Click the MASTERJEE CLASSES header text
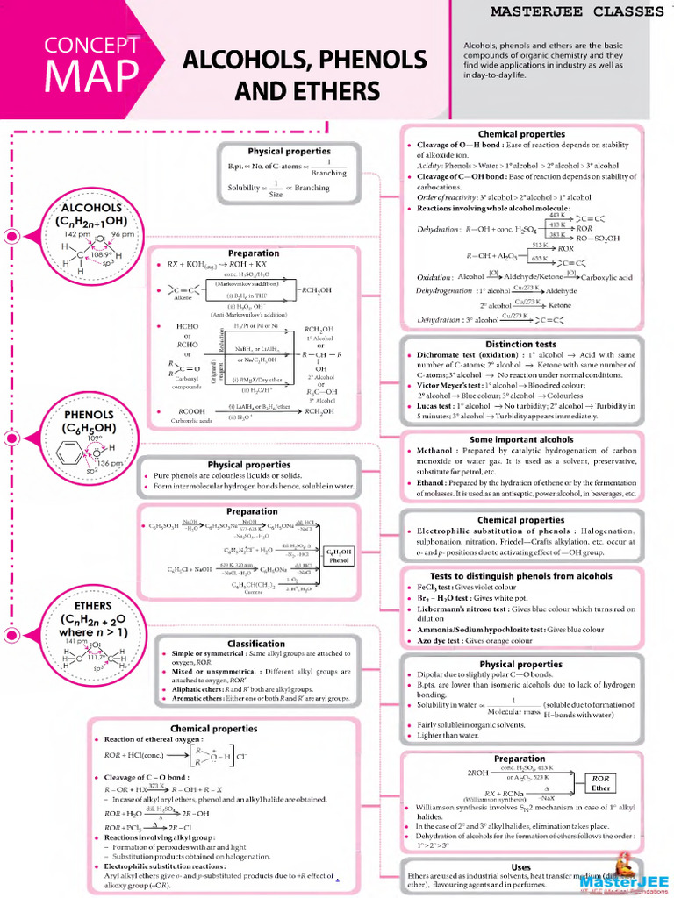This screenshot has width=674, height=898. point(576,11)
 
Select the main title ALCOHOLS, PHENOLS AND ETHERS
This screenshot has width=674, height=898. point(304,75)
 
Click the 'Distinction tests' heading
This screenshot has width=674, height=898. point(520,345)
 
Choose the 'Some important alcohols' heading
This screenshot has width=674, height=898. point(521,439)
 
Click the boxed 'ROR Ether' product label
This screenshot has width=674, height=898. point(600,783)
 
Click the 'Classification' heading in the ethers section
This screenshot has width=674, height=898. point(255,644)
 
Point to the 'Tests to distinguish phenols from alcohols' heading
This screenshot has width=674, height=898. point(521,576)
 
